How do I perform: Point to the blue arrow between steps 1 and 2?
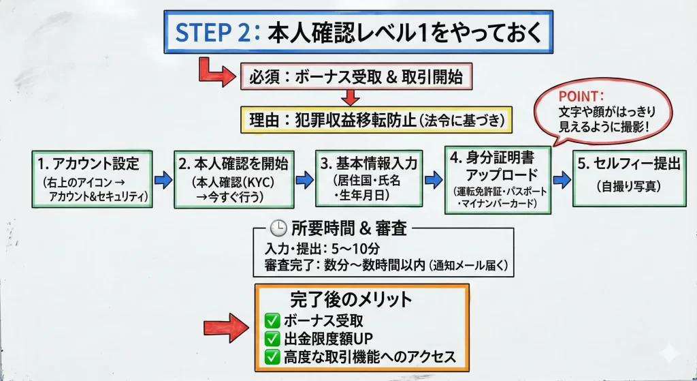pyautogui.click(x=163, y=180)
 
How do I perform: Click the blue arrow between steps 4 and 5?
pyautogui.click(x=562, y=180)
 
